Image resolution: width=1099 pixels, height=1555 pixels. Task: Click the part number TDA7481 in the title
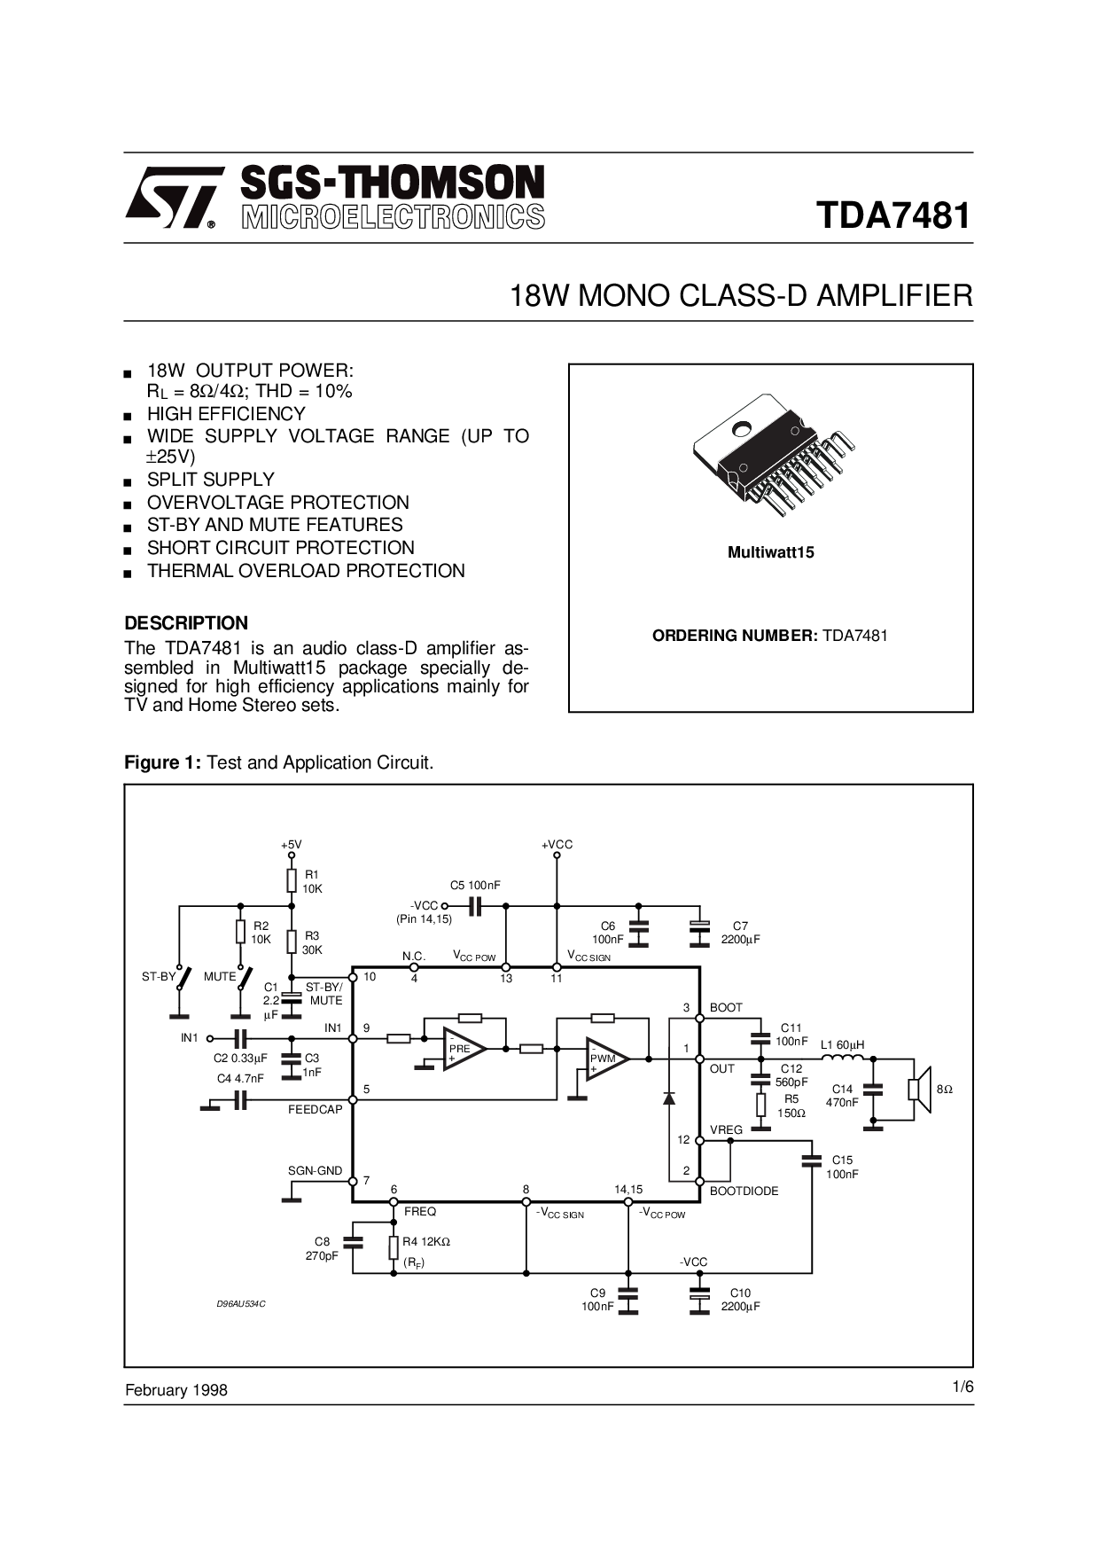coord(893,215)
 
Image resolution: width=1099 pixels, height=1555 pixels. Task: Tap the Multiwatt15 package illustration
coord(771,457)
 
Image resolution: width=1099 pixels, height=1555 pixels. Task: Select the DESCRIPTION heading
coord(186,622)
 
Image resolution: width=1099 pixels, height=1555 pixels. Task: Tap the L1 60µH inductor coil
coord(842,1058)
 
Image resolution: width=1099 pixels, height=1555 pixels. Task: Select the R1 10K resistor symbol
coord(292,880)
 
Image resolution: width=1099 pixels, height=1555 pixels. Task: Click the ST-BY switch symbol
coord(183,978)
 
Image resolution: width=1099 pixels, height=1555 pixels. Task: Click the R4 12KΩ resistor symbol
coord(394,1248)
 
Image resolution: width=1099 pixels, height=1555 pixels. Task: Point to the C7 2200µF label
coord(740,933)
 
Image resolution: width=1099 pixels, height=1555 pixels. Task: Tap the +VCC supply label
coord(557,845)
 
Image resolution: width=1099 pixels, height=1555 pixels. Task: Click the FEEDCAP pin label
coord(315,1109)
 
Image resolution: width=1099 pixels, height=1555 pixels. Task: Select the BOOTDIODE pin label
coord(744,1191)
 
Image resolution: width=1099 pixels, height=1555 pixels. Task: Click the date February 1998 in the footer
coord(175,1390)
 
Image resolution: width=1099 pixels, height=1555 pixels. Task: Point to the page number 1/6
coord(963,1387)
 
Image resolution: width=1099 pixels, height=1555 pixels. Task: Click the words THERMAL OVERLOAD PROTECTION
coord(306,571)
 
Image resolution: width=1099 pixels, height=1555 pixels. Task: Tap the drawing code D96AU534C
coord(241,1303)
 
